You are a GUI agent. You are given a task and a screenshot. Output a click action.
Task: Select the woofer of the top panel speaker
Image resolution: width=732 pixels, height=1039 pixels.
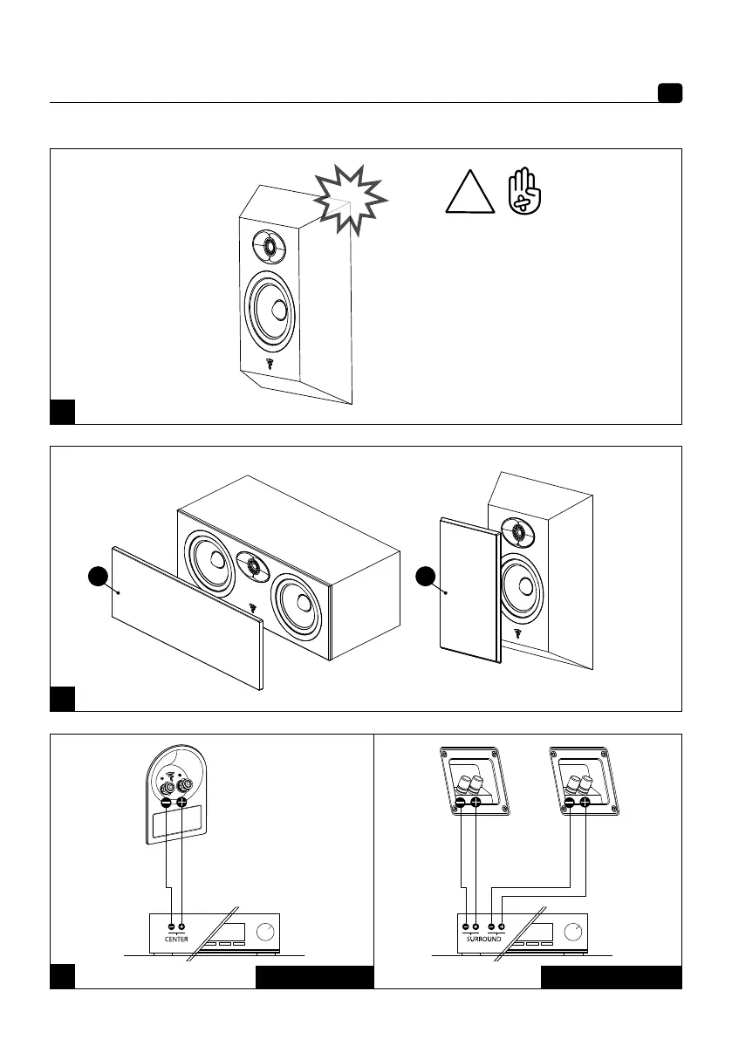point(272,310)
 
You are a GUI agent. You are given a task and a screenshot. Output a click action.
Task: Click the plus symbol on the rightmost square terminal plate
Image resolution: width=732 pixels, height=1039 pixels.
point(585,802)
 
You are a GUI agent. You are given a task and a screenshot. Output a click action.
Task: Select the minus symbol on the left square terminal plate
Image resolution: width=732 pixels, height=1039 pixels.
point(461,802)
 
